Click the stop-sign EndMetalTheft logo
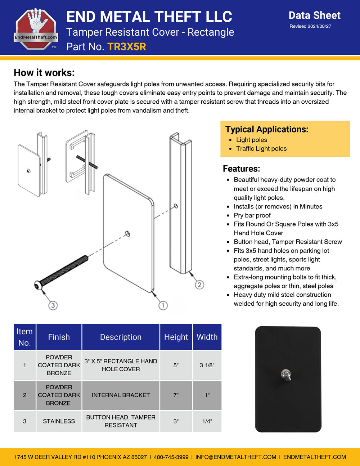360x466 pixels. [36, 29]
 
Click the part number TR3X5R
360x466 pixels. [127, 47]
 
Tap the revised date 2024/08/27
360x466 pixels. [310, 26]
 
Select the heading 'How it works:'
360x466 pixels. [44, 73]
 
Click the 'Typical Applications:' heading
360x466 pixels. [267, 129]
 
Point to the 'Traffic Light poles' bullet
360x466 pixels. [261, 149]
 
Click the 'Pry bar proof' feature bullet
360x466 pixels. [252, 215]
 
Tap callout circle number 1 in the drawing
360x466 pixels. [163, 305]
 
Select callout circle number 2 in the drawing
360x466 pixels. [199, 285]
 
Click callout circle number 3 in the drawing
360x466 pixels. [53, 305]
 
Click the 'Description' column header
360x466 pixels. [121, 337]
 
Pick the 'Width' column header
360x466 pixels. [207, 337]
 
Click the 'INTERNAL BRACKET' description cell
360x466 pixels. [121, 395]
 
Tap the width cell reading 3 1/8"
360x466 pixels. [207, 365]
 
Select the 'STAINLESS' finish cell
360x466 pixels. [59, 421]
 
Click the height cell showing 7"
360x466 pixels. [176, 395]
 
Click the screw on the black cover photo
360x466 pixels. [286, 375]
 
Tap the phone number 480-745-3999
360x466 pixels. [171, 457]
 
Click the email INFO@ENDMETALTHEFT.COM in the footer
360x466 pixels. [236, 457]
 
